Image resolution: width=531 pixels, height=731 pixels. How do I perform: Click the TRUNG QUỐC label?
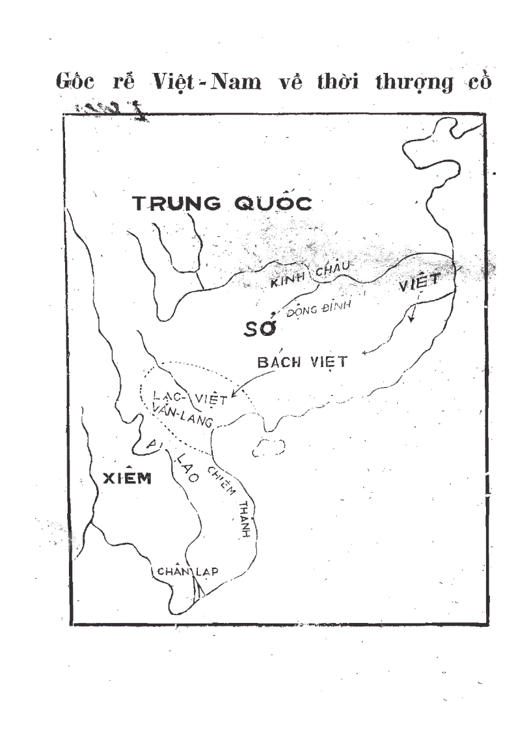click(223, 203)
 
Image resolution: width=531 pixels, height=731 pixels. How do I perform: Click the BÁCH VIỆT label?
click(302, 362)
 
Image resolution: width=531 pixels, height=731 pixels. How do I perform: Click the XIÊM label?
click(128, 478)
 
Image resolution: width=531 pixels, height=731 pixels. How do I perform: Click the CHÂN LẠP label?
click(187, 572)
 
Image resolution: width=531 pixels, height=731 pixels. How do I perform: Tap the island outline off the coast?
click(269, 447)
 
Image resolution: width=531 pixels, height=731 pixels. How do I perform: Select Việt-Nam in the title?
click(206, 83)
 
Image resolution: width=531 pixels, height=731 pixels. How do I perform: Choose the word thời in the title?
click(336, 83)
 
